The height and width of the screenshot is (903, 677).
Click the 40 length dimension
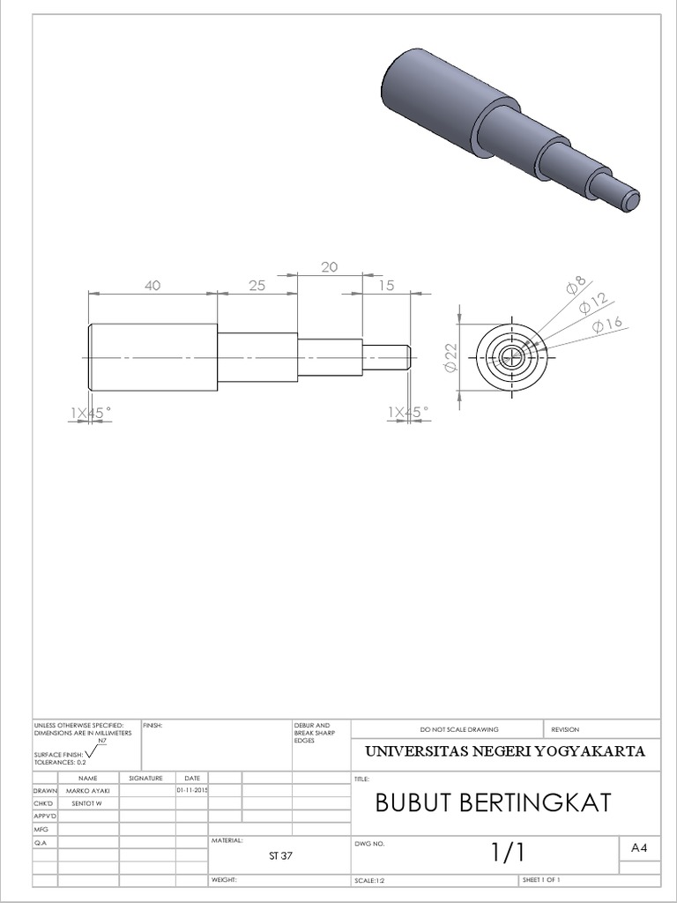pyautogui.click(x=153, y=285)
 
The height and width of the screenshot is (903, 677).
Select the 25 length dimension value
pyautogui.click(x=257, y=285)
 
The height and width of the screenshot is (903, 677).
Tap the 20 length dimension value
pyautogui.click(x=330, y=267)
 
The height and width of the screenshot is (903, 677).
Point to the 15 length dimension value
pyautogui.click(x=385, y=285)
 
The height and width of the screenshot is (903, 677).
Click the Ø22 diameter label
pyautogui.click(x=450, y=356)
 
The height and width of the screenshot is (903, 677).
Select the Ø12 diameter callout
pyautogui.click(x=595, y=304)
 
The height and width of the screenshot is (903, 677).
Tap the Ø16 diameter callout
pyautogui.click(x=608, y=325)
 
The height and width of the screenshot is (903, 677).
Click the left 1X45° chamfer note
pyautogui.click(x=92, y=412)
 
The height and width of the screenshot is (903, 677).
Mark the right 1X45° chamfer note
pyautogui.click(x=407, y=412)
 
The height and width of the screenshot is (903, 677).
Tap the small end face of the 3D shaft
pyautogui.click(x=629, y=201)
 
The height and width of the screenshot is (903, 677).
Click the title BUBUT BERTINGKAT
pyautogui.click(x=492, y=802)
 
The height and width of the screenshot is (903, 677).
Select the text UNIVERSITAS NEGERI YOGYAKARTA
pyautogui.click(x=505, y=751)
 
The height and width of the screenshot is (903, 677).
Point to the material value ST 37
pyautogui.click(x=279, y=855)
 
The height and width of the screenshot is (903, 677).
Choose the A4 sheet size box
pyautogui.click(x=639, y=847)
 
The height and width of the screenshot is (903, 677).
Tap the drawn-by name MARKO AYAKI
pyautogui.click(x=87, y=792)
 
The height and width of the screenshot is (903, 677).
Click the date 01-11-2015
pyautogui.click(x=191, y=791)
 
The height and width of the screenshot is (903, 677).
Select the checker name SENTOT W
pyautogui.click(x=86, y=804)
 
